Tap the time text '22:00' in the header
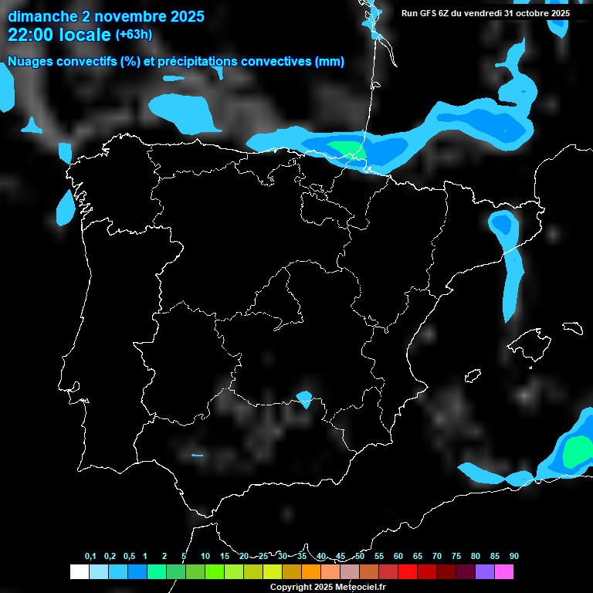pyautogui.click(x=32, y=35)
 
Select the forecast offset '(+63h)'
pyautogui.click(x=134, y=35)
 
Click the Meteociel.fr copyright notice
pyautogui.click(x=327, y=587)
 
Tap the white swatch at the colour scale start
pyautogui.click(x=79, y=571)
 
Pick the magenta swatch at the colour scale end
pyautogui.click(x=504, y=571)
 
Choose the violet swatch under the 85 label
pyautogui.click(x=485, y=571)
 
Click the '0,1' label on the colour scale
pyautogui.click(x=90, y=556)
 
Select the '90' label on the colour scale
pyautogui.click(x=514, y=556)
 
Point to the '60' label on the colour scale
pyautogui.click(x=398, y=556)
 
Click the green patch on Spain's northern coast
pyautogui.click(x=344, y=147)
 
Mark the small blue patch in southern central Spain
pyautogui.click(x=304, y=399)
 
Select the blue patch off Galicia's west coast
pyautogui.click(x=66, y=207)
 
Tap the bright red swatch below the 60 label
pyautogui.click(x=408, y=571)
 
